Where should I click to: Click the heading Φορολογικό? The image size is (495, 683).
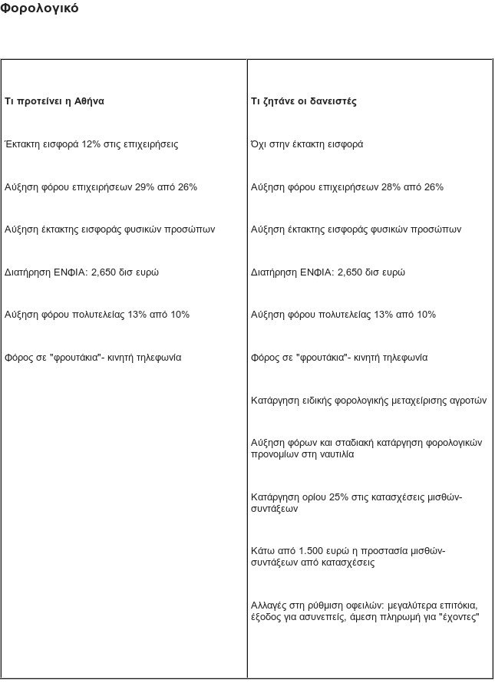pyautogui.click(x=39, y=9)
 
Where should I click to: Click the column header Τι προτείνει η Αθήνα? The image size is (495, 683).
pyautogui.click(x=54, y=101)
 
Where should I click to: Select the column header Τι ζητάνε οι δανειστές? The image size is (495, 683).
pyautogui.click(x=303, y=101)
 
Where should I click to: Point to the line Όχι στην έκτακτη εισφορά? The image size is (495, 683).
pyautogui.click(x=307, y=144)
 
